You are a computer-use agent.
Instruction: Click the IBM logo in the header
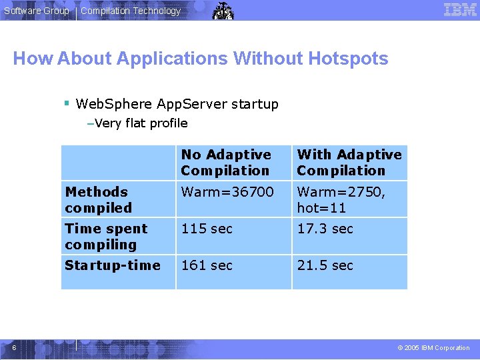460,9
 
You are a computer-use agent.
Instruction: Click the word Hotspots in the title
348,59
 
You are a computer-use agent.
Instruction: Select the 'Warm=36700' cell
227,192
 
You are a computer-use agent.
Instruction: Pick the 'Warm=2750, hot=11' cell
341,199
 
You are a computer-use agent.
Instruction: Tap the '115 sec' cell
207,229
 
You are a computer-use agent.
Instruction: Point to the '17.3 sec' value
325,229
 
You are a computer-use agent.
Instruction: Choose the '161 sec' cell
207,265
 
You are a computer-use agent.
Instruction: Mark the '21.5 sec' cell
325,265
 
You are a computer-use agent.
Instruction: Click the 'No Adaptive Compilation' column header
225,163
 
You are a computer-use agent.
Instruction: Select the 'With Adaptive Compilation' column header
349,163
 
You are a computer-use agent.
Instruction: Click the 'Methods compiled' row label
98,199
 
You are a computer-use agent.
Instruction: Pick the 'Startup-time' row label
112,265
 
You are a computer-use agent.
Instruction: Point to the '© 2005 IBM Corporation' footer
433,348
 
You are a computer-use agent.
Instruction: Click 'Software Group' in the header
36,11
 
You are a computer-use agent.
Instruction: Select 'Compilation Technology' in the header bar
131,11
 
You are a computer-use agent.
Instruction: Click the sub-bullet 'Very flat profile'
141,123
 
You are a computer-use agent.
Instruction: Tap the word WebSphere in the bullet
103,104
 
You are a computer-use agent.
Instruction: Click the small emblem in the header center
223,11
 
